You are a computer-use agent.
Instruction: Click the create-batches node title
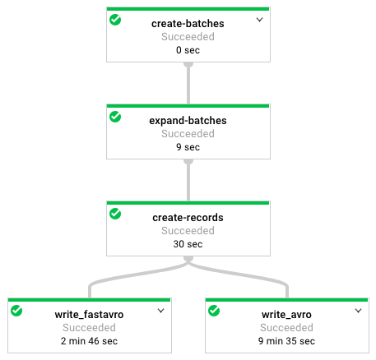click(188, 24)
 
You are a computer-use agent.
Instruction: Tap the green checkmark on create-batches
click(115, 20)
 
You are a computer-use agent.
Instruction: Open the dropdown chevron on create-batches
click(259, 20)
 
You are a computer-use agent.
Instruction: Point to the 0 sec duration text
click(188, 50)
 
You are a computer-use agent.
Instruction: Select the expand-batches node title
click(188, 121)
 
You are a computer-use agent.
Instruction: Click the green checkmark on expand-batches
click(115, 117)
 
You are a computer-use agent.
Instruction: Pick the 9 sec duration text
click(188, 147)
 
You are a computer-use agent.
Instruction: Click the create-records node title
click(188, 218)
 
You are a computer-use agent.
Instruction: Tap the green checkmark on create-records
click(115, 214)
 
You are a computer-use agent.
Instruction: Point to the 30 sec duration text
click(188, 244)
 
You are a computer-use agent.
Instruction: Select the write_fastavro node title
click(89, 315)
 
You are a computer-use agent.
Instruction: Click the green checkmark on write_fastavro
click(16, 311)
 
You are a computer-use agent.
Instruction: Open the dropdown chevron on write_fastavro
click(160, 311)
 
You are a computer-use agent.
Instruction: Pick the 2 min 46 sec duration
click(89, 341)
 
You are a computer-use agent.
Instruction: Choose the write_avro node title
click(286, 315)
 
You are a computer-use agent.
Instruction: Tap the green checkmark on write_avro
click(214, 311)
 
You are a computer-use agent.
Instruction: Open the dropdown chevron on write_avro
click(358, 311)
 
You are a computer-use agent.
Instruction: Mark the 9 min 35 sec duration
click(286, 341)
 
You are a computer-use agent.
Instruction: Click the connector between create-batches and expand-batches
click(188, 83)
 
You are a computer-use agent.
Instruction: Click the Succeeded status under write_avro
click(286, 328)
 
